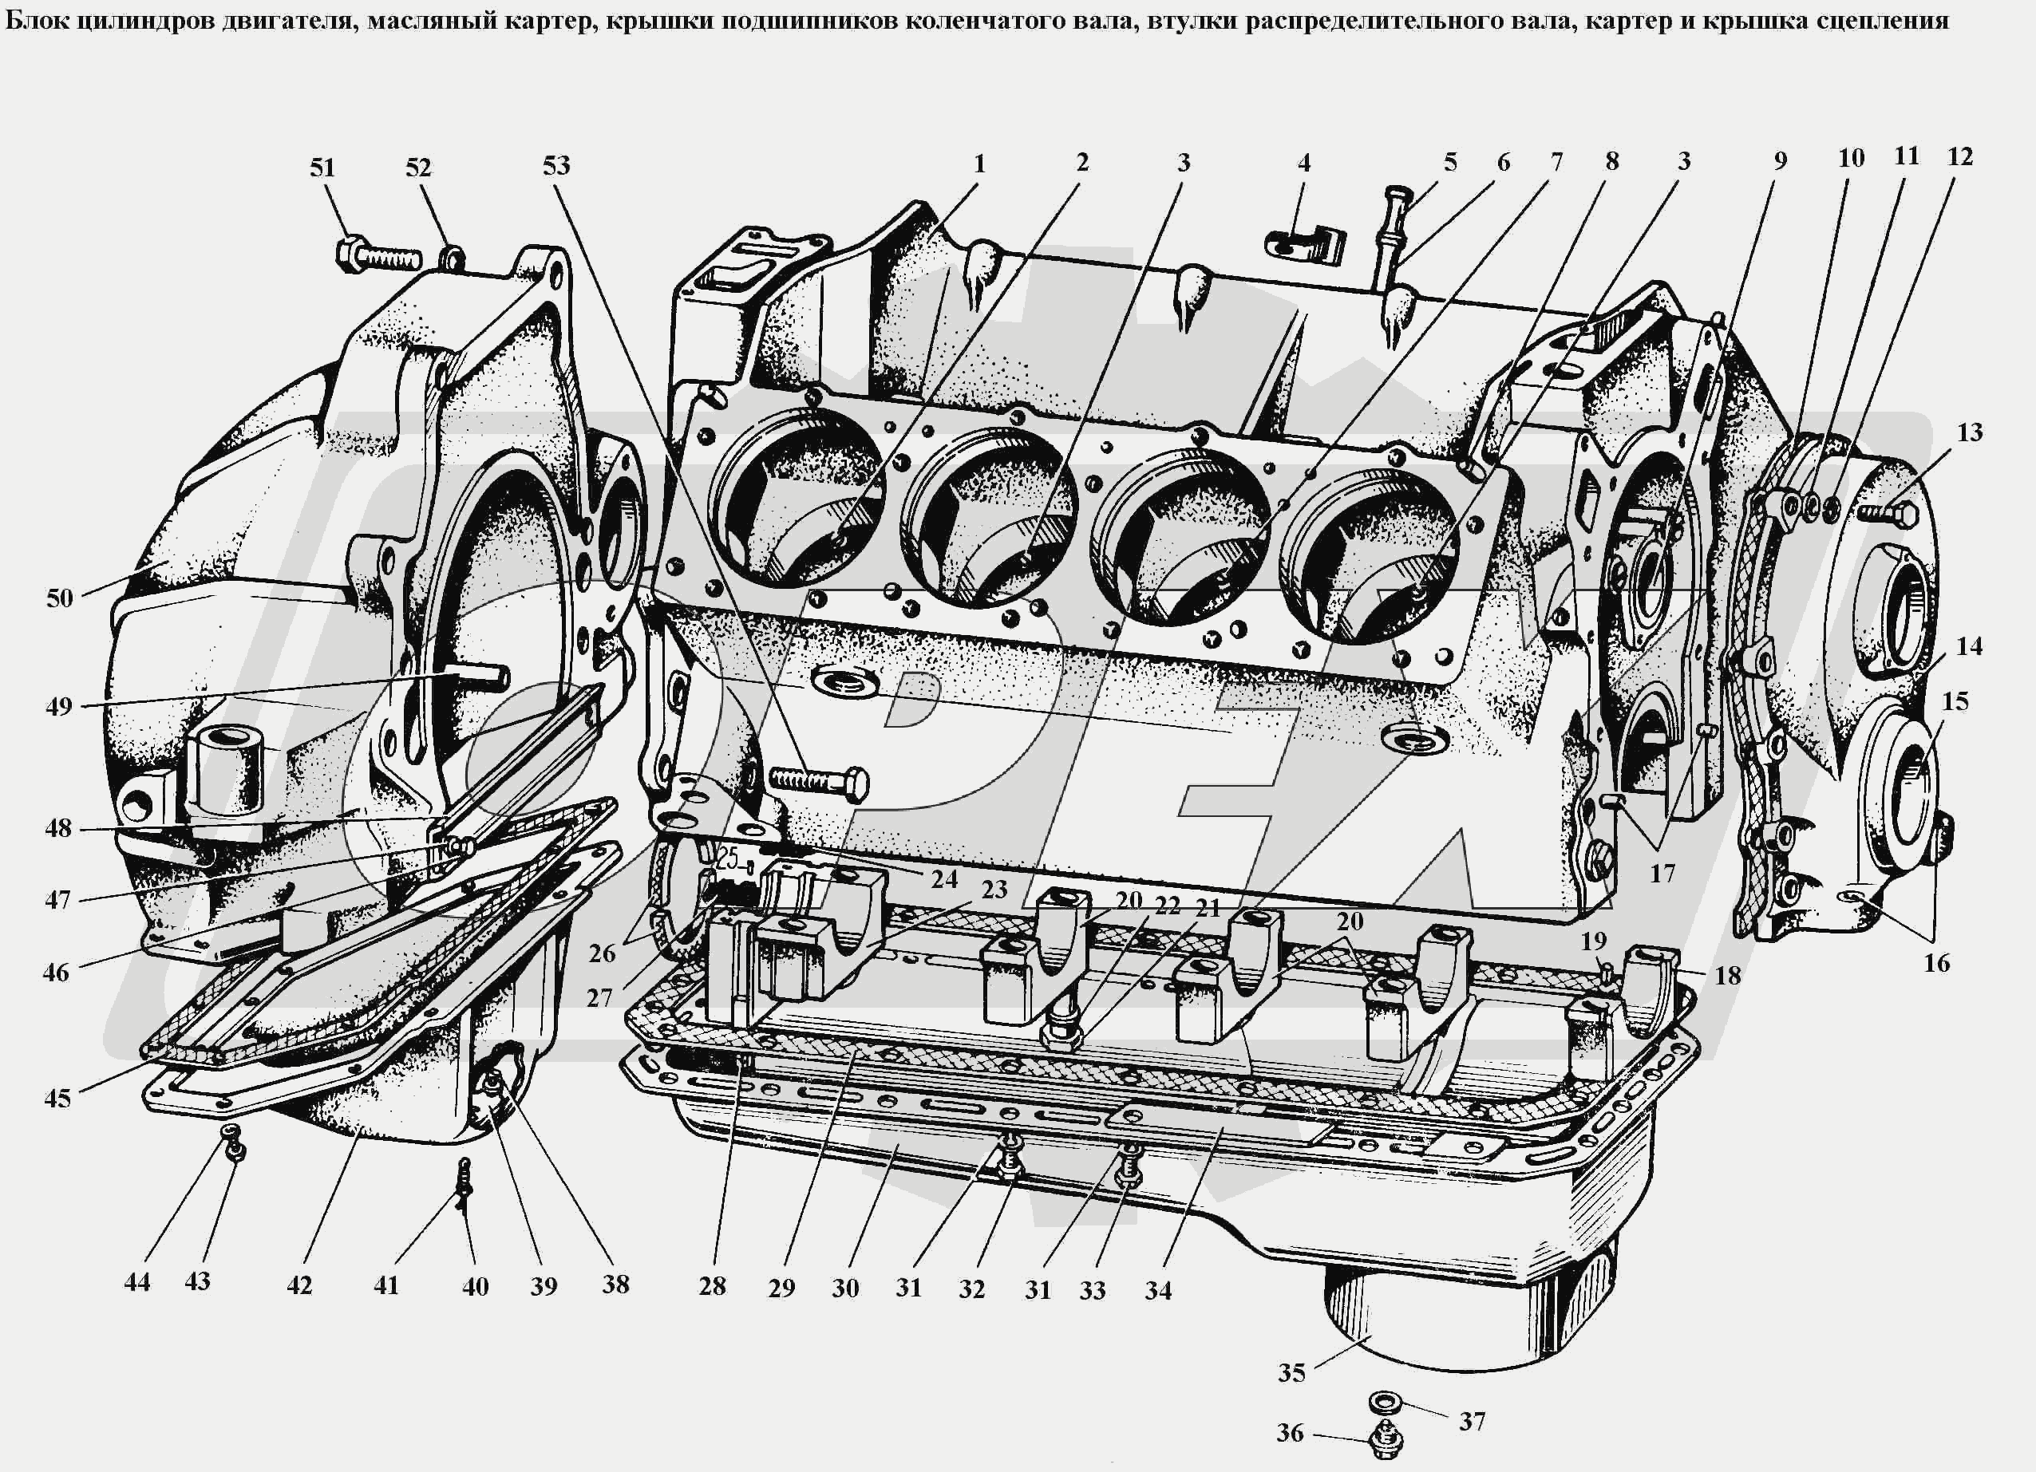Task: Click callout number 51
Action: (x=322, y=168)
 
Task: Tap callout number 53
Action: (x=555, y=165)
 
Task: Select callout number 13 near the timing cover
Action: (x=1970, y=432)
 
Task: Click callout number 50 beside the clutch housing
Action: (x=59, y=598)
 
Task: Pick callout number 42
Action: (x=299, y=1285)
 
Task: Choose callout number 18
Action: (x=1727, y=975)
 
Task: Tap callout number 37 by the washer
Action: (x=1472, y=1421)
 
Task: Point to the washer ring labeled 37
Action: (x=1386, y=1400)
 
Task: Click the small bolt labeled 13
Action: (x=1888, y=515)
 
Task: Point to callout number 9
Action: (x=1780, y=161)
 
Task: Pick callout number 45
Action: (x=57, y=1099)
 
